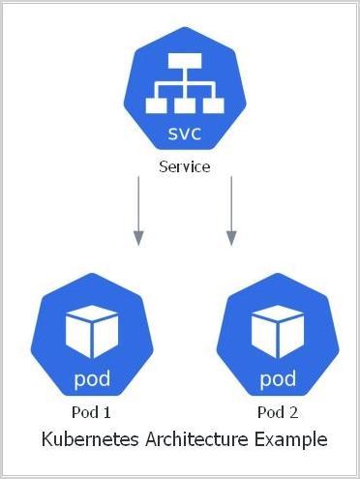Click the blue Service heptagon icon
pyautogui.click(x=184, y=93)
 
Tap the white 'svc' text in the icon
pyautogui.click(x=184, y=131)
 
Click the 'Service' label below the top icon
pyautogui.click(x=184, y=166)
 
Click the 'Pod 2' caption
pyautogui.click(x=278, y=413)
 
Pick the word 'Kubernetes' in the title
pyautogui.click(x=89, y=440)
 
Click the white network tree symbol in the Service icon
pyautogui.click(x=184, y=83)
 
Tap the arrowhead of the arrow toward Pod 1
pyautogui.click(x=138, y=237)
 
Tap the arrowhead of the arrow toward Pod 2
pyautogui.click(x=230, y=237)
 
